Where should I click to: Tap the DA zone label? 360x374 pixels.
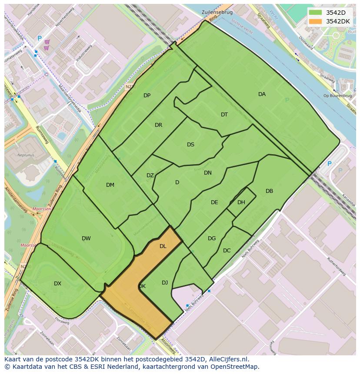point(262,94)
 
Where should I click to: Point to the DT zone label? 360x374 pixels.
point(224,115)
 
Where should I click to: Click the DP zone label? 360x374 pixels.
point(147,96)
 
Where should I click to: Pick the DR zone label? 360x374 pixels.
point(158,125)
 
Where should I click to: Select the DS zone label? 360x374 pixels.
point(190,145)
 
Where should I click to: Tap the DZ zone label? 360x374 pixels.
point(150,175)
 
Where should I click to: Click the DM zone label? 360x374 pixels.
point(110,185)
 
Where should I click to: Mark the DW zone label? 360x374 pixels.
point(86,238)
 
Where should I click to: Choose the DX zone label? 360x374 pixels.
point(57,284)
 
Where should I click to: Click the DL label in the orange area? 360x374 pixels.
point(163,246)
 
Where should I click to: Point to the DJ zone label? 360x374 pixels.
point(165,283)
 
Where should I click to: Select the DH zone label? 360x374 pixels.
point(241,202)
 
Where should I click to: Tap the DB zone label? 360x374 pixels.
point(269,191)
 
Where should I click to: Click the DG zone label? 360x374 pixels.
point(212,238)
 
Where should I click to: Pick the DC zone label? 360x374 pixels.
point(227,251)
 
